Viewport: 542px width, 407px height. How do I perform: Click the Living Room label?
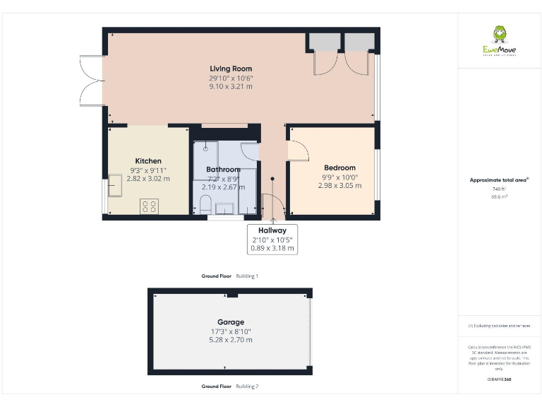[x=230, y=69]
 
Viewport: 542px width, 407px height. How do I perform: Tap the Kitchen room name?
[x=148, y=161]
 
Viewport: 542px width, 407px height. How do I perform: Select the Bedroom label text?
[x=339, y=167]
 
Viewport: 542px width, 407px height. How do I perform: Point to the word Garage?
[x=230, y=322]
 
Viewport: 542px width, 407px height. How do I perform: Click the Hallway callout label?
[x=272, y=230]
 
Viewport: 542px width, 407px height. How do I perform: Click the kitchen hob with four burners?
[x=150, y=206]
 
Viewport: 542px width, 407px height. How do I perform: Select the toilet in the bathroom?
[x=205, y=206]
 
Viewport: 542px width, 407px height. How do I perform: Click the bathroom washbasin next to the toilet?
[x=225, y=208]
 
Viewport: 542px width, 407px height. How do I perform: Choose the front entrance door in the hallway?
[x=272, y=205]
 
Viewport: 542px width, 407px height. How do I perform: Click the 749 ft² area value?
[x=499, y=189]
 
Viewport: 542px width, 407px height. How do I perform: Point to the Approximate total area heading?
[x=499, y=180]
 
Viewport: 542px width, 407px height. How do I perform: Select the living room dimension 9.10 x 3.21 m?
[x=230, y=86]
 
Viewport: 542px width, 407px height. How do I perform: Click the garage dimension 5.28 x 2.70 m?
[x=230, y=340]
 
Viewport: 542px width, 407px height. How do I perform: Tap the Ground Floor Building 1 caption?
[x=230, y=276]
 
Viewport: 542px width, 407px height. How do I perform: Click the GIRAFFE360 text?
[x=499, y=379]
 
